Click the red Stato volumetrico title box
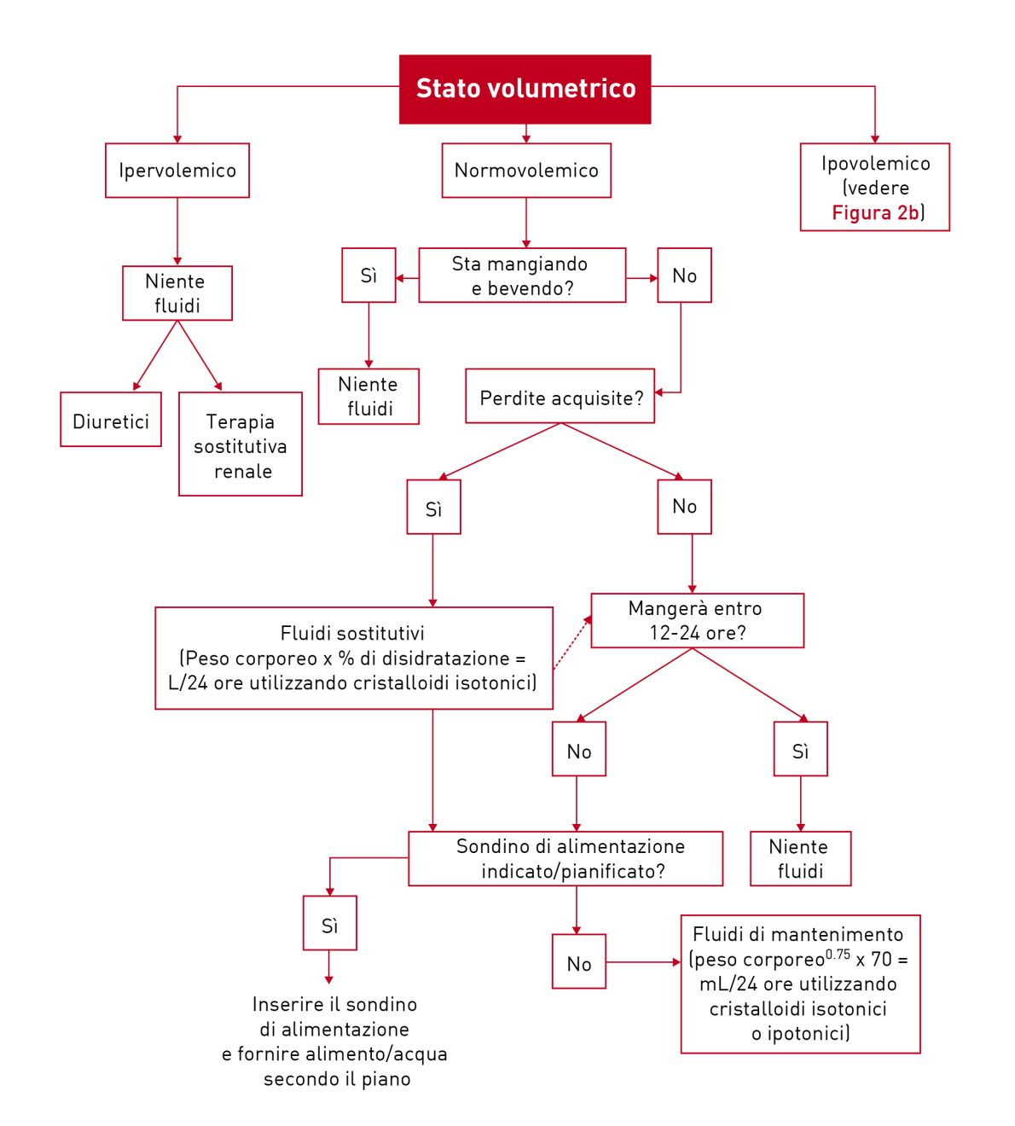tap(525, 89)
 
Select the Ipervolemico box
tap(177, 171)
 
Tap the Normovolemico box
tap(526, 171)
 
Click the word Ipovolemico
tap(875, 164)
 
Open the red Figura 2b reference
tap(875, 213)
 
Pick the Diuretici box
tap(111, 421)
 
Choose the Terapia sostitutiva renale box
tap(241, 444)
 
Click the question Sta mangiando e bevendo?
tap(522, 276)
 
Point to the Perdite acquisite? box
tap(560, 398)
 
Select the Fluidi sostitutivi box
tap(353, 658)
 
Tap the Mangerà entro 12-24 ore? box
tap(697, 621)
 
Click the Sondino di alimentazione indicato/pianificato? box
tap(565, 858)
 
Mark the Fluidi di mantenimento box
tap(800, 984)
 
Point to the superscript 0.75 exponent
tap(838, 955)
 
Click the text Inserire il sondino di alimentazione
tap(334, 1017)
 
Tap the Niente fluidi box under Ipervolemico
tap(177, 293)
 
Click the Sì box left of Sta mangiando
tap(368, 276)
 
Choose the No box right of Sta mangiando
tap(684, 276)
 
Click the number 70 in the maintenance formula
tap(880, 960)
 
